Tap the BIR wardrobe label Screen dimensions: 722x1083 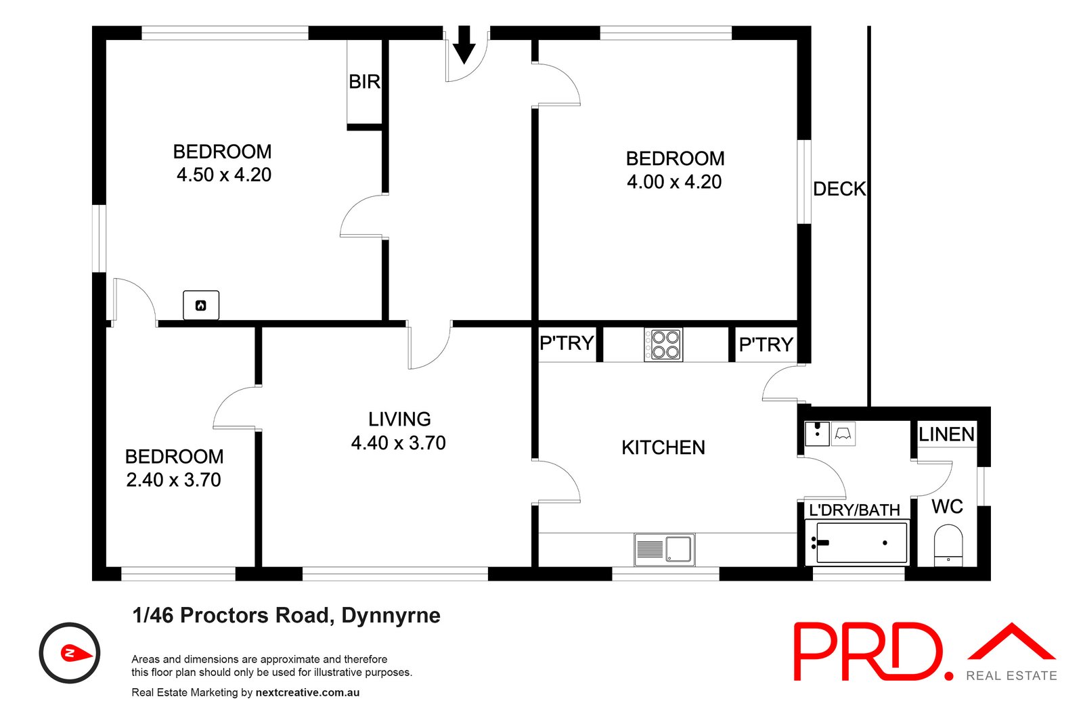364,82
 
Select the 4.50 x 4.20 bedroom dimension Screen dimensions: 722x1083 224,175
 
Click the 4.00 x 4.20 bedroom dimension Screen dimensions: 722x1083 674,182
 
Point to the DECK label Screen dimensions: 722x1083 839,189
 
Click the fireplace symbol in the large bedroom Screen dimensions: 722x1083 201,305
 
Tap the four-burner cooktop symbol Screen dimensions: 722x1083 663,344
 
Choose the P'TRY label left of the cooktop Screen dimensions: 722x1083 567,344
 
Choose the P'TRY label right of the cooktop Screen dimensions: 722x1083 766,345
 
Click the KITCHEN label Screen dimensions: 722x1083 663,447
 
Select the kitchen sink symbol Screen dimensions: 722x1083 665,549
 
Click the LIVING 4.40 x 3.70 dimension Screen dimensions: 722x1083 399,443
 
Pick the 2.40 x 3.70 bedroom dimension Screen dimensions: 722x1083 174,480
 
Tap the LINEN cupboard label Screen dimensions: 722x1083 946,434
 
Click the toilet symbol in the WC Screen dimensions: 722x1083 948,545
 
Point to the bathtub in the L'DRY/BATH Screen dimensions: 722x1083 861,543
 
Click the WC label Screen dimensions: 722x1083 947,507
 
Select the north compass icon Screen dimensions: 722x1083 70,653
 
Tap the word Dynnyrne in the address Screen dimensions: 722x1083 391,616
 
